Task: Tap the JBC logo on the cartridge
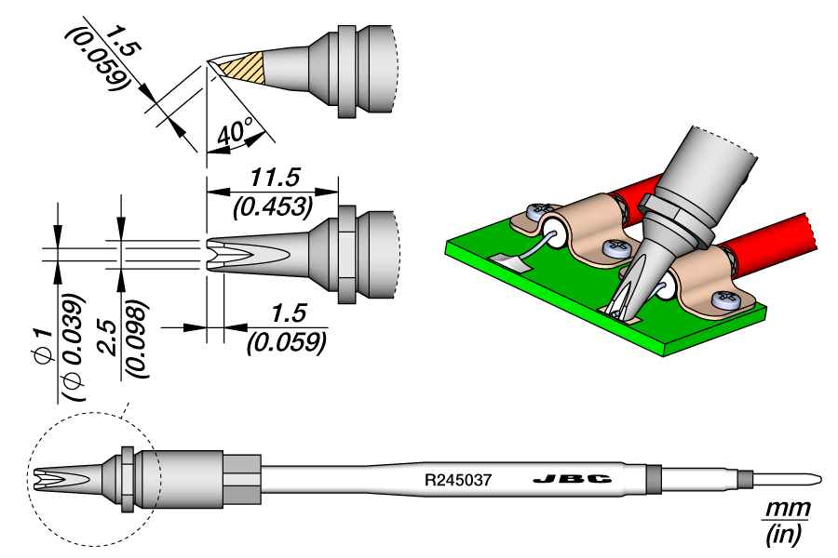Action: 573,480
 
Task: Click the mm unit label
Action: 787,510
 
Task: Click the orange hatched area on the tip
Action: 245,67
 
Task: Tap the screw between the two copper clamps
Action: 615,248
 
